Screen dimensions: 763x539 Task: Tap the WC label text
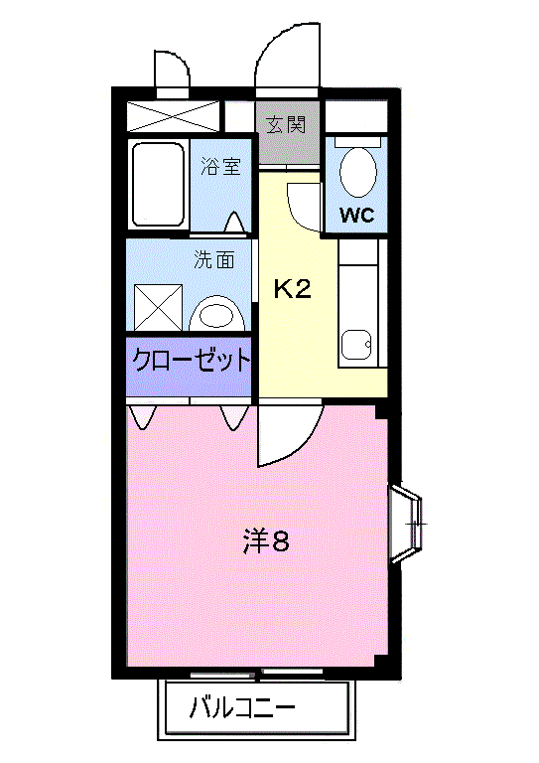(x=356, y=216)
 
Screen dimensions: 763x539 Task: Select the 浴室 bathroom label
(x=220, y=166)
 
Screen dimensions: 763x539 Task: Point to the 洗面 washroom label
(x=214, y=260)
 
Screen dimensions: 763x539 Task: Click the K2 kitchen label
(x=293, y=289)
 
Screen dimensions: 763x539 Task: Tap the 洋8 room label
(x=266, y=541)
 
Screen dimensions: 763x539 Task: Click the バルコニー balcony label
(x=242, y=710)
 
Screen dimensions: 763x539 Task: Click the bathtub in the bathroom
(x=158, y=186)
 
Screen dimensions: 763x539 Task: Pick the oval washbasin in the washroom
(x=217, y=316)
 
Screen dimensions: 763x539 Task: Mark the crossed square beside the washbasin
(x=158, y=306)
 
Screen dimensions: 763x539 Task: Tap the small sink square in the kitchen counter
(x=355, y=346)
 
